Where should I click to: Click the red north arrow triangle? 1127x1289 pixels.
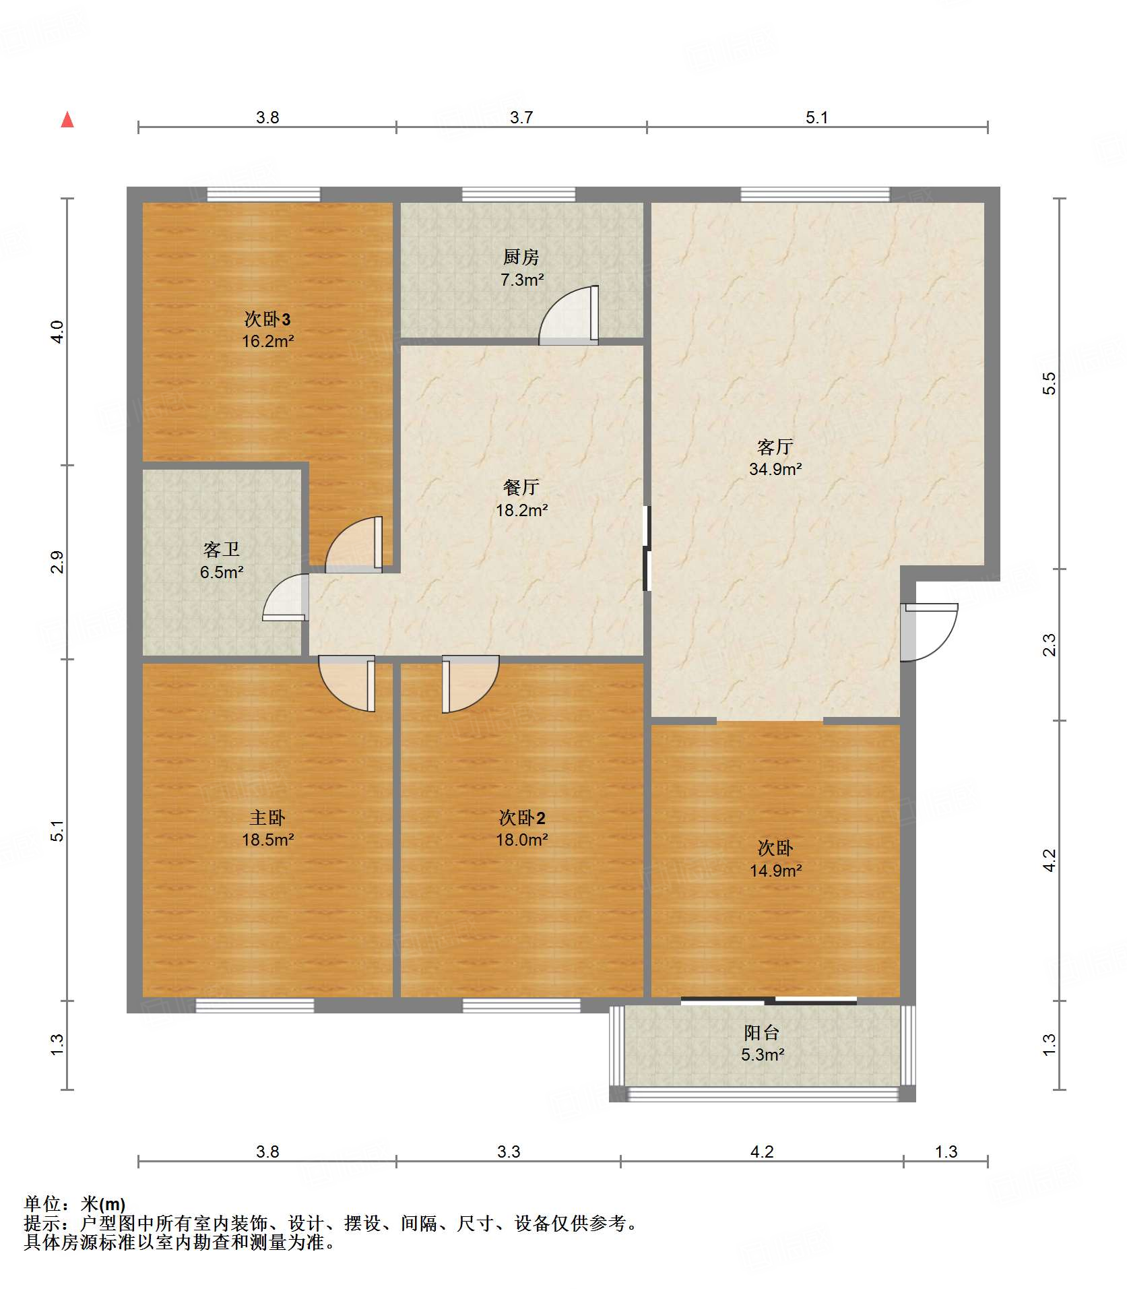pyautogui.click(x=67, y=120)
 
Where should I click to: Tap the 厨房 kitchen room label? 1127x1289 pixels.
pyautogui.click(x=521, y=257)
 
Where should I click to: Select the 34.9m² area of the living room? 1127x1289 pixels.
pyautogui.click(x=775, y=469)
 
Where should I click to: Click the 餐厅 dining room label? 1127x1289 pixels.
pyautogui.click(x=521, y=487)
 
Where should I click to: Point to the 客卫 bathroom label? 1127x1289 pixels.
pyautogui.click(x=222, y=550)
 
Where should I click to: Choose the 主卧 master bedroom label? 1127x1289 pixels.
pyautogui.click(x=267, y=817)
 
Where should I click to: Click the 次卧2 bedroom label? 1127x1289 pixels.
pyautogui.click(x=522, y=817)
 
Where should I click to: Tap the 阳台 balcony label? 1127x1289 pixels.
pyautogui.click(x=762, y=1032)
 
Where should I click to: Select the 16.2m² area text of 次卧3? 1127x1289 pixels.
pyautogui.click(x=268, y=341)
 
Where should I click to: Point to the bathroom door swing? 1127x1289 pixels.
pyautogui.click(x=285, y=597)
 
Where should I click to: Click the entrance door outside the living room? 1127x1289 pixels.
pyautogui.click(x=929, y=632)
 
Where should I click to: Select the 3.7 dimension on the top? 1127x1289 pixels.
pyautogui.click(x=521, y=117)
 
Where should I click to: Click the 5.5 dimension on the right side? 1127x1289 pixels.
pyautogui.click(x=1049, y=383)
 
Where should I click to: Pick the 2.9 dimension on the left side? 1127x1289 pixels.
pyautogui.click(x=57, y=562)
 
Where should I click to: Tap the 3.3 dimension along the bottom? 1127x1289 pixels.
pyautogui.click(x=509, y=1152)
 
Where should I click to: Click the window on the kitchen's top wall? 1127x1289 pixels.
pyautogui.click(x=519, y=195)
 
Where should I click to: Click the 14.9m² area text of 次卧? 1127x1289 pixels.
pyautogui.click(x=775, y=871)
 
